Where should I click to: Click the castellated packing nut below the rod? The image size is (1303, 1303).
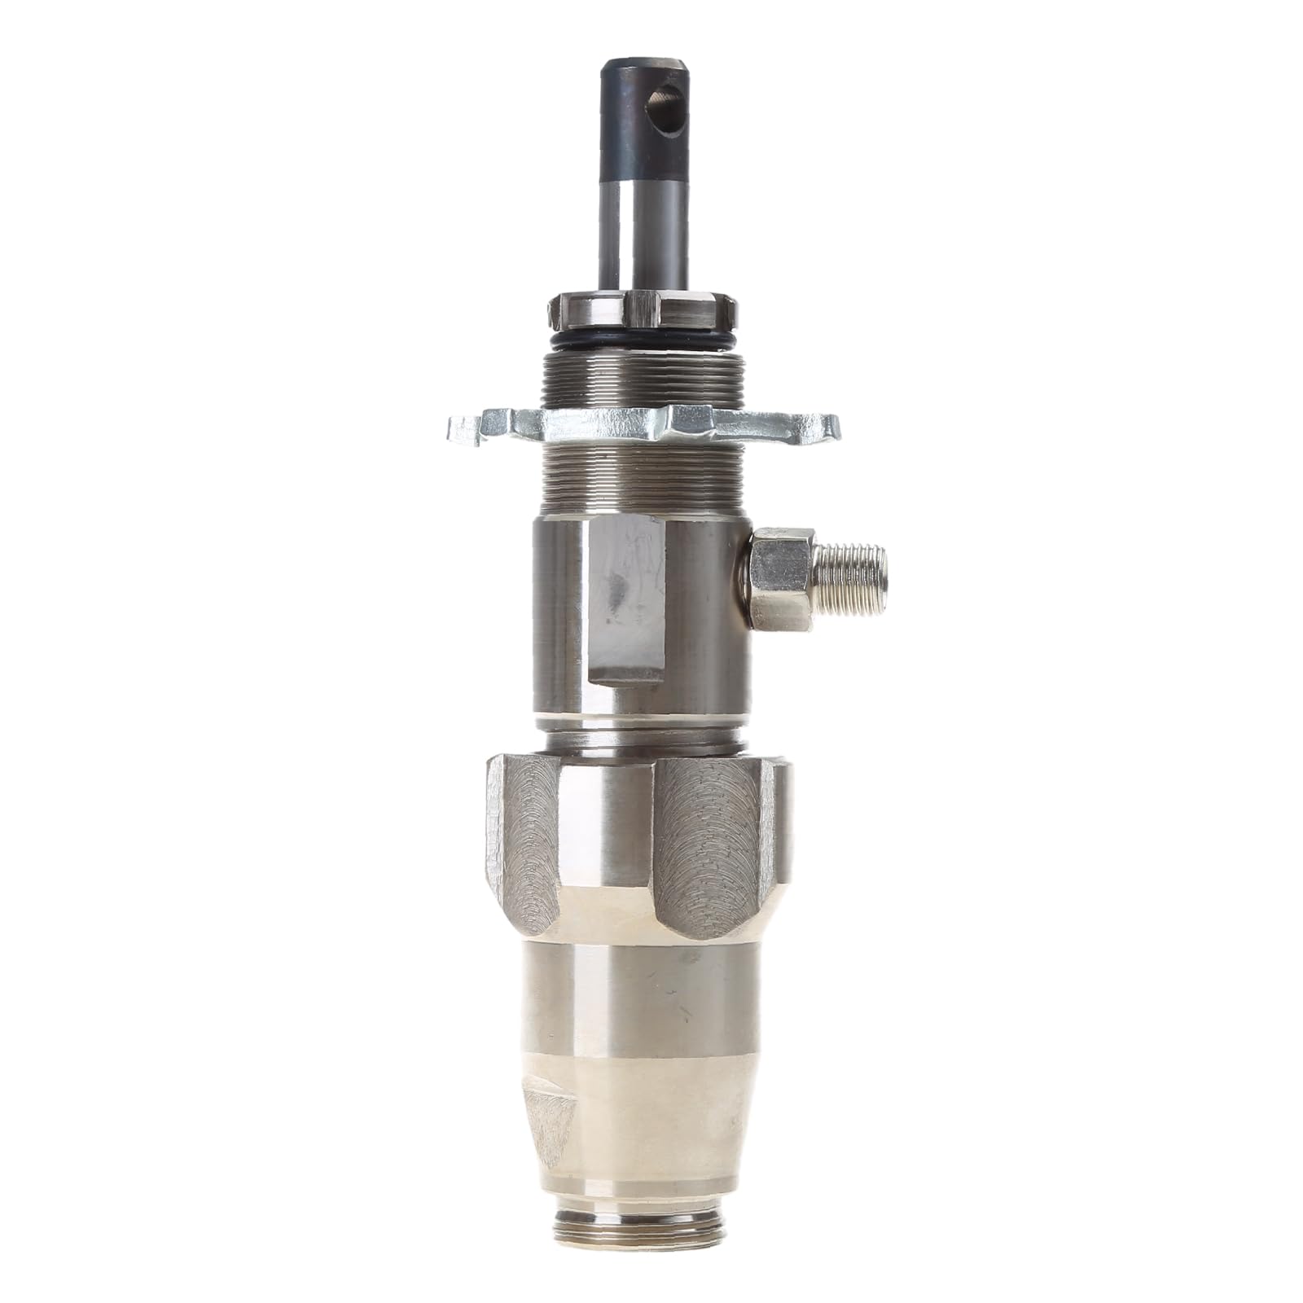tap(643, 314)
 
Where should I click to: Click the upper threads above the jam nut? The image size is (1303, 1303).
tap(643, 375)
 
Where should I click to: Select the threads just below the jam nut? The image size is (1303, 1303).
tap(643, 480)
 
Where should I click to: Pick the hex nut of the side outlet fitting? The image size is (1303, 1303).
tap(782, 578)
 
